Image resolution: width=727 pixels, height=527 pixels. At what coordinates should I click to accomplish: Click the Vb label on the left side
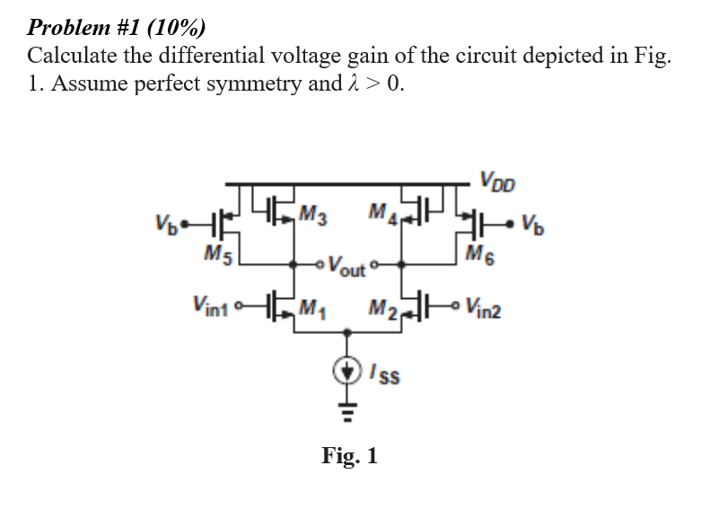click(163, 221)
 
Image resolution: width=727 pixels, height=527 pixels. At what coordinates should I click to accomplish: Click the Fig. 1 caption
click(350, 456)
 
